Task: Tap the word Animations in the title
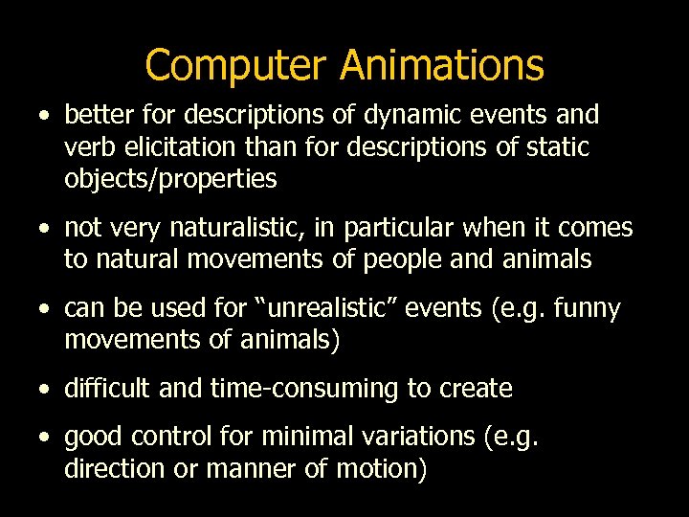tap(441, 66)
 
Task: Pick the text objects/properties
tap(170, 179)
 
